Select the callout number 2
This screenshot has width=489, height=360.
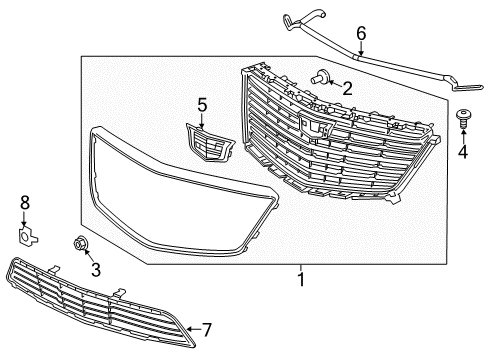coord(347,89)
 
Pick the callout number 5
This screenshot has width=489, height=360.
coord(201,103)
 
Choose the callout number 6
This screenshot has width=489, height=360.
coord(361,34)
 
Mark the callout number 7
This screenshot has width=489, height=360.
coord(207,328)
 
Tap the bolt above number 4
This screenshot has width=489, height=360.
coord(465,118)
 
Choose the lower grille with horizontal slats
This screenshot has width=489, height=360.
coord(95,300)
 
